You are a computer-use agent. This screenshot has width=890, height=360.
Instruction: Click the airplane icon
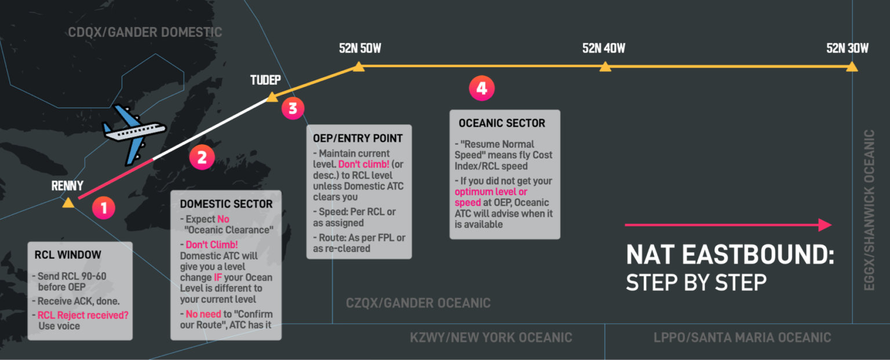133,134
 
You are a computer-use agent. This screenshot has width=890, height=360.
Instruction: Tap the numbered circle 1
104,208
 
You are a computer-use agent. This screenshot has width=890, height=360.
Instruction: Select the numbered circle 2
202,157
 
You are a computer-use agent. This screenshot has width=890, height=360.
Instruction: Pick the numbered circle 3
293,108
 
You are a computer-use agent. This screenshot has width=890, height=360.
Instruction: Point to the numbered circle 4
482,88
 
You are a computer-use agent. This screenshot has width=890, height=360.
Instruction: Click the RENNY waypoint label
67,186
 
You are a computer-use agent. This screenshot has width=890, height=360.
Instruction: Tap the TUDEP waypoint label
265,80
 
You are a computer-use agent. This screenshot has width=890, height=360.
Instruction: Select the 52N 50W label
360,49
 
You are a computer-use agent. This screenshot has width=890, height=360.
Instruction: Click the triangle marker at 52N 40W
605,66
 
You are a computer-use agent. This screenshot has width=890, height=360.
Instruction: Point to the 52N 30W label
848,49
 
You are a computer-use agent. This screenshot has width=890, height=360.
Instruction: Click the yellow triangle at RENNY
68,203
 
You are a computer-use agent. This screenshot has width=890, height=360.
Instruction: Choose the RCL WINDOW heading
68,254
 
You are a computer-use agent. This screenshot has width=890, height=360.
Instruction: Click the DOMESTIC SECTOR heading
226,204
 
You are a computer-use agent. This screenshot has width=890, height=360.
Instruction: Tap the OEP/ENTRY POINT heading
358,139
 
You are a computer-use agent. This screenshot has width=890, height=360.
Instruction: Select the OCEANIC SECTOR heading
502,123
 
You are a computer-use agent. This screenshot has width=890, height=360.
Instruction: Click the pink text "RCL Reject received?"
83,315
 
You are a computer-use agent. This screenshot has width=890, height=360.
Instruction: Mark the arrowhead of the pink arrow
825,225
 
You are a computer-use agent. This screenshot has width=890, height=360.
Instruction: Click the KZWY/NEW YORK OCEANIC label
491,338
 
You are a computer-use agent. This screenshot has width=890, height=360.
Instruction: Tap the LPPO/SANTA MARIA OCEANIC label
742,338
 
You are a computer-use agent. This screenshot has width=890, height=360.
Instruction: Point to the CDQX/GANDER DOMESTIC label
145,32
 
